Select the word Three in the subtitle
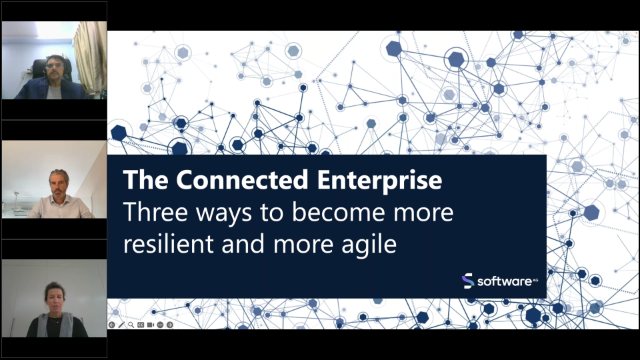[x=150, y=213]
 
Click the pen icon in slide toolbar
[x=122, y=325]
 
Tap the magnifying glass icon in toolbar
[x=131, y=325]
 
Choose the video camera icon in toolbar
[x=151, y=325]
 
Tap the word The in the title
[x=140, y=183]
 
